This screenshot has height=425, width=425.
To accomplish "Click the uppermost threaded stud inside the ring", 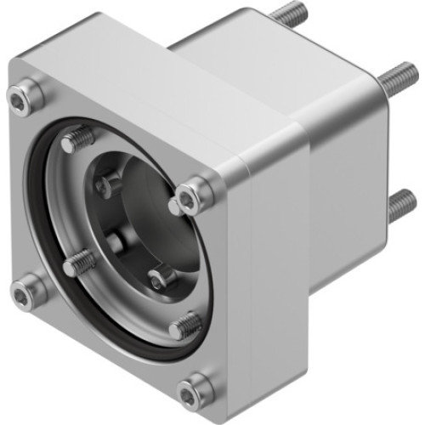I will pyautogui.click(x=77, y=139).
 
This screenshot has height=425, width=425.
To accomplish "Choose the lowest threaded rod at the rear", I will pyautogui.click(x=401, y=204).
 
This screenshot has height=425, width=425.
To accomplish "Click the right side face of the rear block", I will pyautogui.click(x=340, y=195).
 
